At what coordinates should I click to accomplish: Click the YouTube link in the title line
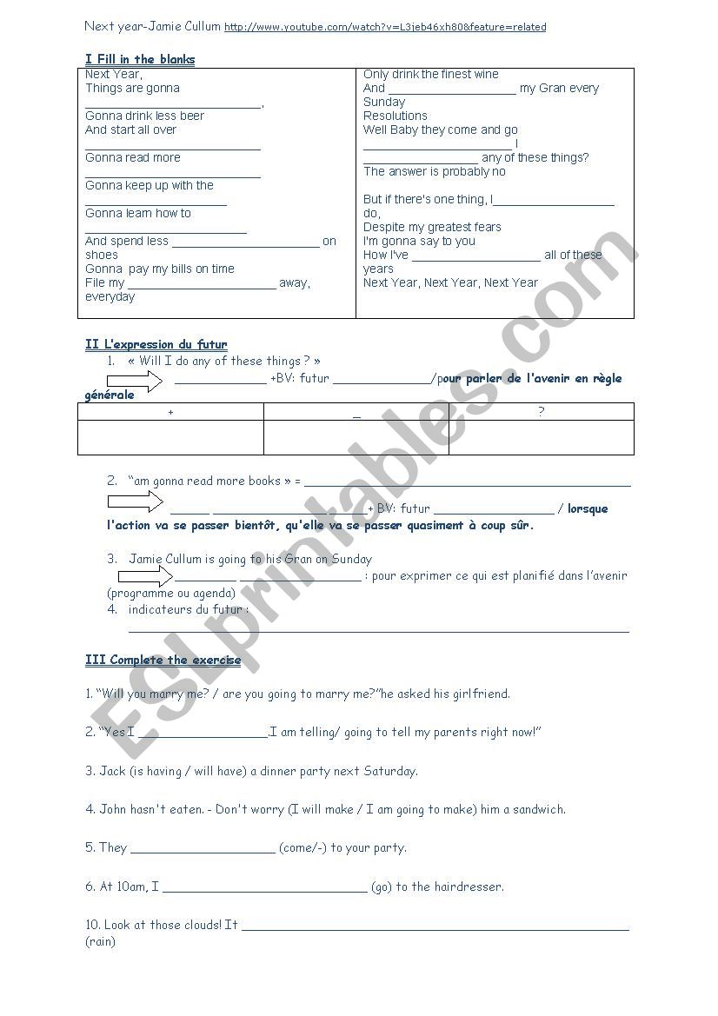point(385,27)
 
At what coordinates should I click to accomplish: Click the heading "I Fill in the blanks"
point(140,59)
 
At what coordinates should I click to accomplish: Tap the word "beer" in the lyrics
point(191,116)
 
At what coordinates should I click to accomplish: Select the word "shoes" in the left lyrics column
point(102,255)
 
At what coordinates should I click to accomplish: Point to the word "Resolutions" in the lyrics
point(396,116)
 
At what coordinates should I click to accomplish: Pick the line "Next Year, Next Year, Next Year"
point(450,282)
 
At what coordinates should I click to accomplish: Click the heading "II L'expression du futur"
point(156,344)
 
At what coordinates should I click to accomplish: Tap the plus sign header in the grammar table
point(170,412)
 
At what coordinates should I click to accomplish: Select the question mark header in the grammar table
point(541,412)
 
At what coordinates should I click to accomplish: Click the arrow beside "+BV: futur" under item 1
point(135,381)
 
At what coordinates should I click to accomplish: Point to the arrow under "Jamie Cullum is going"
point(145,575)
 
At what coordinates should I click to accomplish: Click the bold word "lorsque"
point(588,508)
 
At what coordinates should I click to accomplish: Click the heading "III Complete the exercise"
point(163,660)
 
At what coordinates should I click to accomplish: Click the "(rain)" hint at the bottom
point(100,941)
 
